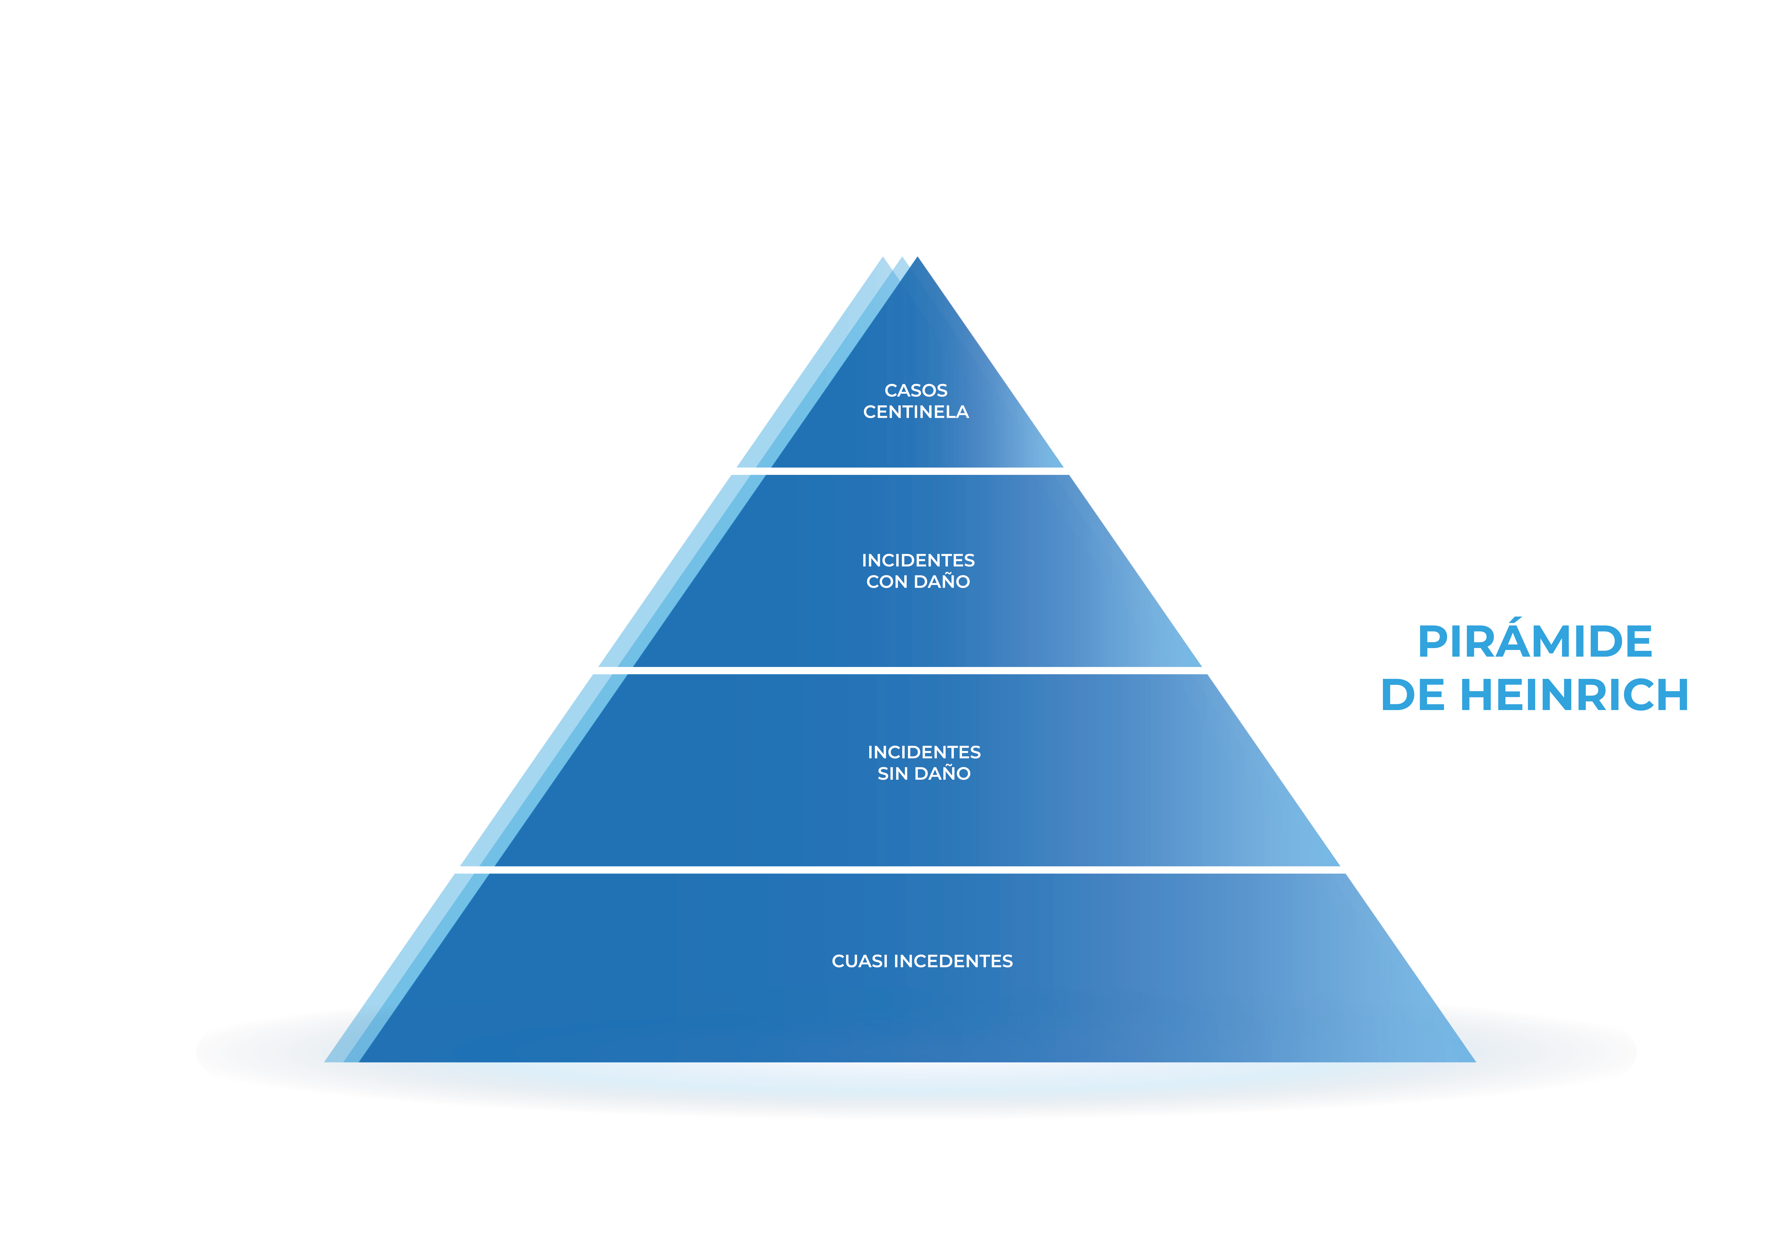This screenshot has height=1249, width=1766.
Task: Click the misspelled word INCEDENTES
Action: coord(953,961)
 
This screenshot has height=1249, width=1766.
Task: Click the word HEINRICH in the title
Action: coord(1574,695)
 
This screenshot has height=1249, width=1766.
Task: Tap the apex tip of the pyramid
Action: coord(917,257)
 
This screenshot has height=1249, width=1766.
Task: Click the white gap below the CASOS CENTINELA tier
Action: coord(900,471)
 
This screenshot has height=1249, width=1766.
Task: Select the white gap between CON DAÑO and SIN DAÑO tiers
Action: coord(900,670)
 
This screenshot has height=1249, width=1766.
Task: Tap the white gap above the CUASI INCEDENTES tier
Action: coord(900,870)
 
